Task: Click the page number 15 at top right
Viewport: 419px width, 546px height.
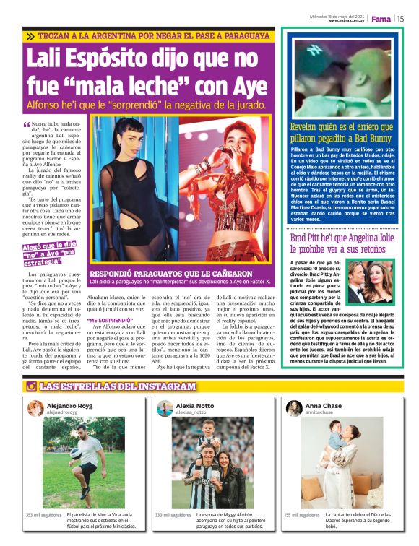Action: [x=400, y=19]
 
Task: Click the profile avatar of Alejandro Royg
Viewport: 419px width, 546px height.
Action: [x=35, y=409]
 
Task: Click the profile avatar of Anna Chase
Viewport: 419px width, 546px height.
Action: [x=293, y=409]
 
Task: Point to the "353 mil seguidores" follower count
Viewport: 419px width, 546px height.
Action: [x=43, y=515]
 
